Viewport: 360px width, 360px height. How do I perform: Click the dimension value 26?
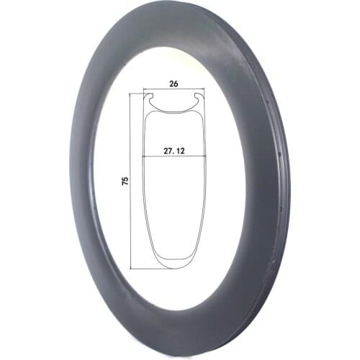pyautogui.click(x=174, y=83)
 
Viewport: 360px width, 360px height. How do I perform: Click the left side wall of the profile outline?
pyautogui.click(x=144, y=202)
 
